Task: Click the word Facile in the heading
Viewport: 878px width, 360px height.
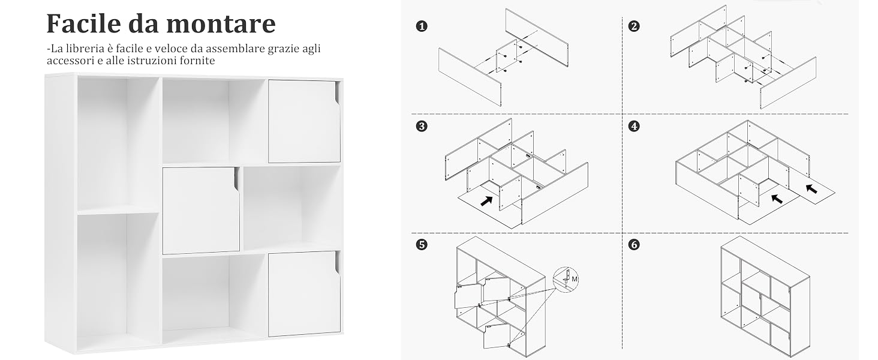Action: tap(84, 23)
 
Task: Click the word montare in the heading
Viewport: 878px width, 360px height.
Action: tap(221, 25)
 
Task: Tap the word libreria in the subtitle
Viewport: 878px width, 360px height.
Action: tap(82, 49)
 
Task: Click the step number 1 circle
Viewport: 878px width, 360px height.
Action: tap(422, 26)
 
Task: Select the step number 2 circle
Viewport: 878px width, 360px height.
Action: tap(634, 26)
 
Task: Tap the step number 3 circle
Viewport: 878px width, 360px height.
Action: tap(422, 126)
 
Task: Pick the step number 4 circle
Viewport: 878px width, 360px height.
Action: tap(634, 126)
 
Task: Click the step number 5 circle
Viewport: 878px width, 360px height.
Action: tap(422, 245)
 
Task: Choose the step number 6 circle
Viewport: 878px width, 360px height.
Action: tap(634, 245)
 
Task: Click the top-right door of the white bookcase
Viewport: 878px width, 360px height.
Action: tap(304, 121)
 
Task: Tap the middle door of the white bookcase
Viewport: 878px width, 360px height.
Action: tap(201, 210)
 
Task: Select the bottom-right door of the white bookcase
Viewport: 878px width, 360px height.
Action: tap(304, 293)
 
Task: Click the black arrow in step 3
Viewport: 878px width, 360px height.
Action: tap(486, 201)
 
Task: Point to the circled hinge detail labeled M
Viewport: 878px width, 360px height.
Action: tap(566, 279)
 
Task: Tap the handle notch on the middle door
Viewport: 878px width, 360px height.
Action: tap(236, 180)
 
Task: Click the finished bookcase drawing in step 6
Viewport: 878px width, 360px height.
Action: tap(765, 296)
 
